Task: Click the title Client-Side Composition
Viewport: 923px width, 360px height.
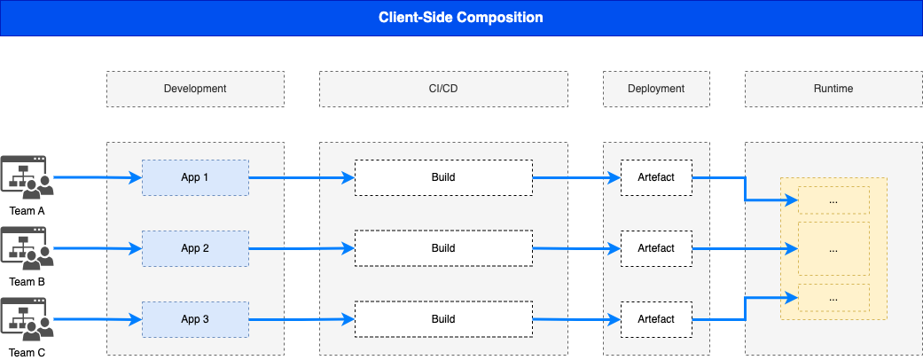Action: [x=461, y=18]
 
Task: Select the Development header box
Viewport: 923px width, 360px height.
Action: [x=195, y=89]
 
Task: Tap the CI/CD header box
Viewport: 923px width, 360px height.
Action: [x=443, y=89]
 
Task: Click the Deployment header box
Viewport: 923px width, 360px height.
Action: [x=656, y=89]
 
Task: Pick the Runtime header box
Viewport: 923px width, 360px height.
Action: [x=833, y=89]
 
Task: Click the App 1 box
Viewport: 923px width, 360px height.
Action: [x=195, y=177]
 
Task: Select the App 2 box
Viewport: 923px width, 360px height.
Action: [x=195, y=248]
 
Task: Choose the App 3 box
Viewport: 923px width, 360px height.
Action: [x=195, y=319]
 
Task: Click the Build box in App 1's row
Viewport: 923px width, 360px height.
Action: [x=443, y=177]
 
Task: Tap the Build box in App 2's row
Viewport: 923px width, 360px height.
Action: [x=443, y=248]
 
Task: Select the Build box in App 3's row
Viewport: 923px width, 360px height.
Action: [x=443, y=319]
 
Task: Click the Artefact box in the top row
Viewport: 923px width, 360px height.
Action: [x=656, y=177]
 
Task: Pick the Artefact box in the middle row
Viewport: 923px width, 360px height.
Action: [x=656, y=248]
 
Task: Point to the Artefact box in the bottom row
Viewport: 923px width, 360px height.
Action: [x=656, y=319]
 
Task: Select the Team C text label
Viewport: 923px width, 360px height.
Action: [x=27, y=353]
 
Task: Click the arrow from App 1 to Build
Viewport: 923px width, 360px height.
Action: [x=301, y=178]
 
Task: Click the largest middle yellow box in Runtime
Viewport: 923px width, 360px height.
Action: [x=833, y=249]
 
